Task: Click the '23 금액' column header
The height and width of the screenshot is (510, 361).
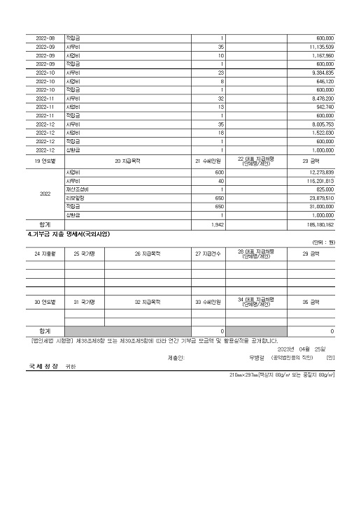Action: tap(310, 161)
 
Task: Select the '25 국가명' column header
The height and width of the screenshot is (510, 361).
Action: tap(85, 254)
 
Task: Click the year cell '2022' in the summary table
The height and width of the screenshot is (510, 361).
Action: tap(45, 194)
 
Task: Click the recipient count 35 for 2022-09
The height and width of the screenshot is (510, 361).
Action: tap(220, 46)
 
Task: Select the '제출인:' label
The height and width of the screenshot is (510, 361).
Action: tap(176, 357)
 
